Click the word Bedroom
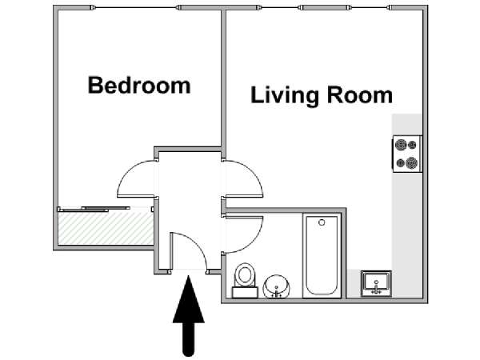pyautogui.click(x=139, y=85)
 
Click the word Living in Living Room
pyautogui.click(x=286, y=96)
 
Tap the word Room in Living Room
pyautogui.click(x=360, y=95)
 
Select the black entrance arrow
pyautogui.click(x=189, y=315)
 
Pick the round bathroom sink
pyautogui.click(x=277, y=286)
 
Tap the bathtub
pyautogui.click(x=322, y=255)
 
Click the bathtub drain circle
pyautogui.click(x=322, y=222)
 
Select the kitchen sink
pyautogui.click(x=376, y=283)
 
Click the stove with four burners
pyautogui.click(x=407, y=154)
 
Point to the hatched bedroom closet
pyautogui.click(x=106, y=228)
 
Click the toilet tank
pyautogui.click(x=245, y=292)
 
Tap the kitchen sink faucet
pyautogui.click(x=376, y=289)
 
